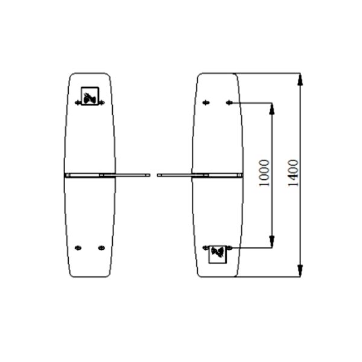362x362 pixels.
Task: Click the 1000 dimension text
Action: pos(264,174)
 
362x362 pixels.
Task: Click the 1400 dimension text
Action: pos(293,174)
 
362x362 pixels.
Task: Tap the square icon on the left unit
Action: pos(90,96)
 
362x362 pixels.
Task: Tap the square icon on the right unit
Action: pos(218,254)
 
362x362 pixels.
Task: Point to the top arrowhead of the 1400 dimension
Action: pos(300,78)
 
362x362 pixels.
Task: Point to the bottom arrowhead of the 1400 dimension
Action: pos(300,273)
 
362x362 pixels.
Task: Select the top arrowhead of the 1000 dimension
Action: pos(272,108)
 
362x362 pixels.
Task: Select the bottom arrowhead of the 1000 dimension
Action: pos(272,243)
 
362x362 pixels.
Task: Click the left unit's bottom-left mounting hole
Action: pos(77,247)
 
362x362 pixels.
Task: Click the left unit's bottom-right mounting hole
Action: pos(101,247)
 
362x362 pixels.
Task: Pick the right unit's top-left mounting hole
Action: pos(206,103)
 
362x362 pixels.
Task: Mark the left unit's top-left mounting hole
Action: pos(78,103)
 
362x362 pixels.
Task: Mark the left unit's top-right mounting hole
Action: pos(102,103)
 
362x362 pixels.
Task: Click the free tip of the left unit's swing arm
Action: pos(148,175)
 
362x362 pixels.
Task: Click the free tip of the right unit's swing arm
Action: pos(159,175)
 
